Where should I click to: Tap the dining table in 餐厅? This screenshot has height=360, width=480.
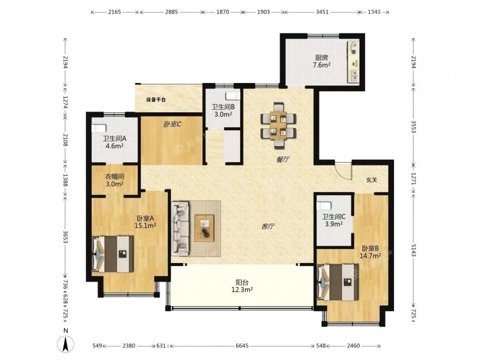click(278, 125)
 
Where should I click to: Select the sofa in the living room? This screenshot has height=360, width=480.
click(180, 228)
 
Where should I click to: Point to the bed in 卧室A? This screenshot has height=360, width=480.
click(113, 254)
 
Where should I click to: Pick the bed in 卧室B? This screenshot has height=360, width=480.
click(338, 282)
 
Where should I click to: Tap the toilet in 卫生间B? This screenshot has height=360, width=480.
click(233, 96)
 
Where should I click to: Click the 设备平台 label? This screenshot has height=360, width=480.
click(156, 100)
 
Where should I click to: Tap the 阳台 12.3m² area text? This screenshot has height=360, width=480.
click(242, 286)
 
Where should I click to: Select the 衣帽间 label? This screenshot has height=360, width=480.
click(115, 177)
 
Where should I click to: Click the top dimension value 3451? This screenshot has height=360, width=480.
click(322, 12)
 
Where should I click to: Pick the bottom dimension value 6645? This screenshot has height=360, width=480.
click(242, 346)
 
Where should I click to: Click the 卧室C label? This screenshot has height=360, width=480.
click(172, 124)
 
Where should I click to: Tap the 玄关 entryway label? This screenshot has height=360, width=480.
click(372, 180)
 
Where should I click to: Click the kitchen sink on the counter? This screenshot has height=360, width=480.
click(354, 75)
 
